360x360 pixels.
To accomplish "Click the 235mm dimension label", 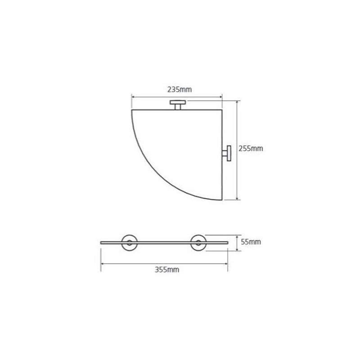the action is (179, 89).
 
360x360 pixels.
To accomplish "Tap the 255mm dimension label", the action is (251, 148).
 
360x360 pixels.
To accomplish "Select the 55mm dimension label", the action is (251, 242).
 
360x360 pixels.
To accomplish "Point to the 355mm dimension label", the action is (167, 269).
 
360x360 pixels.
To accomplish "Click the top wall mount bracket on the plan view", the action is (178, 105).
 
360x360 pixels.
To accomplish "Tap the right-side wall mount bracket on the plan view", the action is (227, 153).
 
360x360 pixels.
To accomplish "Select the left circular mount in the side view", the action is (130, 243).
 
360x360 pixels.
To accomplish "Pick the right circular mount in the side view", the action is (198, 243).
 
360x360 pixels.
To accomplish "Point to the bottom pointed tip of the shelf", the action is (222, 200).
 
